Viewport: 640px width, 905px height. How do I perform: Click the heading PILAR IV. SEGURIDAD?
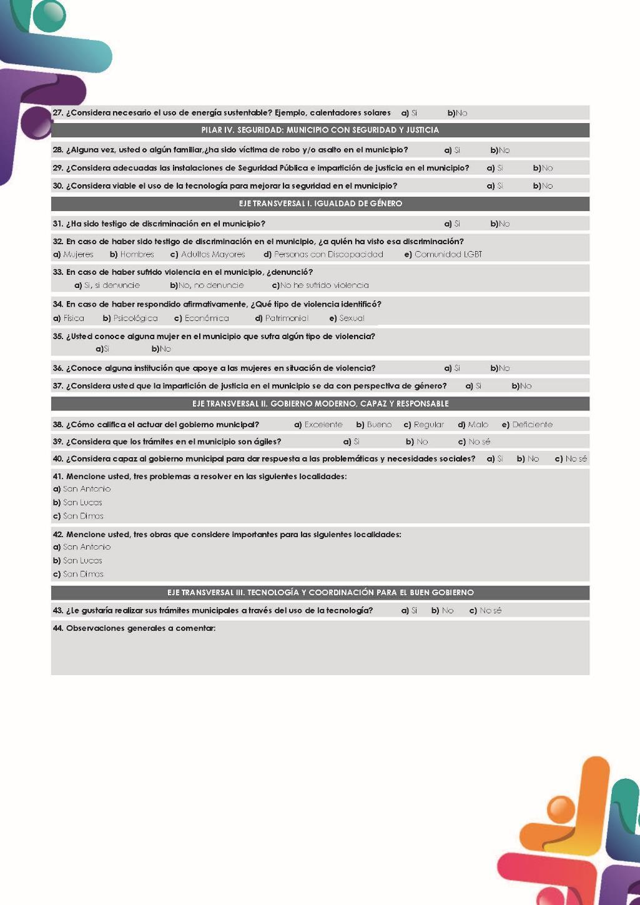(320, 130)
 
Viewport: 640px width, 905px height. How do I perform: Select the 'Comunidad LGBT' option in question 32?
(448, 254)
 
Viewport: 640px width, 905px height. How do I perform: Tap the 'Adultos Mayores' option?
(212, 254)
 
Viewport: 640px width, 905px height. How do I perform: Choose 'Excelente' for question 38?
(323, 425)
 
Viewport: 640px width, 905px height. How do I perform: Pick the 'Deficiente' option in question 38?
(532, 425)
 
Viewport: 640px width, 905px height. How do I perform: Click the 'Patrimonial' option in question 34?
(286, 318)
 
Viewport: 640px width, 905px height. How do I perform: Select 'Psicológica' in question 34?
(135, 318)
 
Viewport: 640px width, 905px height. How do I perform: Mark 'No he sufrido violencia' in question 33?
(324, 285)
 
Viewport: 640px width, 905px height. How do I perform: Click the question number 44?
(58, 628)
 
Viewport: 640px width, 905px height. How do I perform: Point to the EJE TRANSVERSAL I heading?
(320, 204)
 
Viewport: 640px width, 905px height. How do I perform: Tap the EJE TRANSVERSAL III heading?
(320, 592)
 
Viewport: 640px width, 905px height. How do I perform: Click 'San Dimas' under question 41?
(83, 516)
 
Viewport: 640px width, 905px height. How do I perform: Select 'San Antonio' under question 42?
(87, 547)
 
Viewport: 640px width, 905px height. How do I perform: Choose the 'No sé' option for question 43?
(490, 610)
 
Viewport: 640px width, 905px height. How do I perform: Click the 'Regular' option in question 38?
(428, 425)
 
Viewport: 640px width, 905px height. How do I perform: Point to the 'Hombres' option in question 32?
(137, 254)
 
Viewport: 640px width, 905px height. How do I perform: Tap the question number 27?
(58, 113)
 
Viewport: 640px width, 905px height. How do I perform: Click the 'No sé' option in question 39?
(479, 442)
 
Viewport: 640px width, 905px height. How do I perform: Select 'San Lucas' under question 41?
(82, 502)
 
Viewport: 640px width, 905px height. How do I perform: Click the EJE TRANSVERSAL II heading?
(320, 403)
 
